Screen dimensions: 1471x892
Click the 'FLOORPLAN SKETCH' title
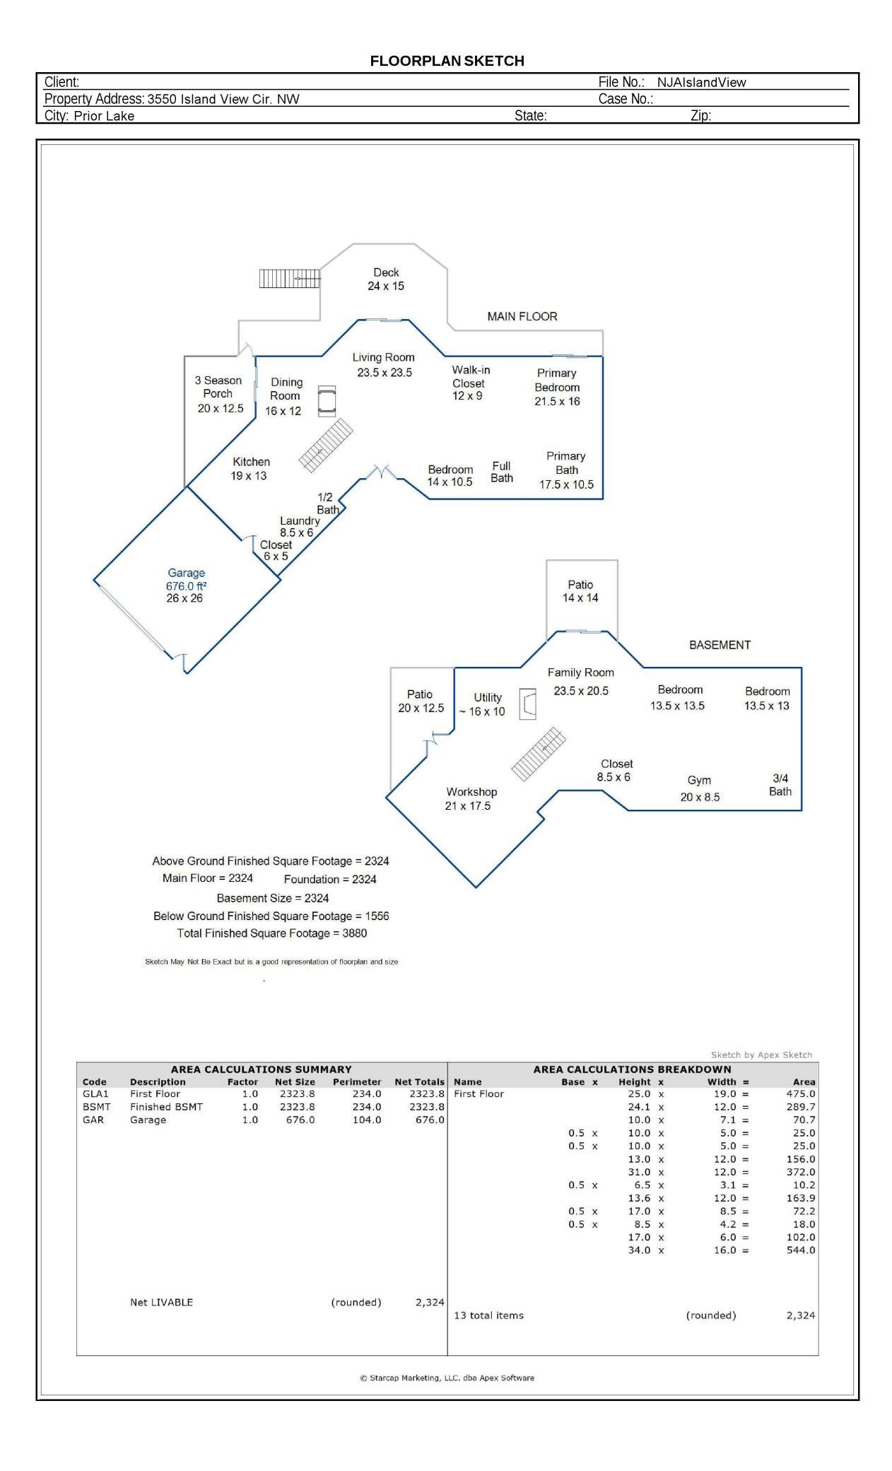(447, 61)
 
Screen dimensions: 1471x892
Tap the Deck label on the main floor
(386, 279)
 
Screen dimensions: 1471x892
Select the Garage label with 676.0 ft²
(186, 585)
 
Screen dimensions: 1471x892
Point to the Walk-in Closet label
(470, 383)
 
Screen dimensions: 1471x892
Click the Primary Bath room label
(566, 470)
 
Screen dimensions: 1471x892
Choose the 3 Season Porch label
(219, 394)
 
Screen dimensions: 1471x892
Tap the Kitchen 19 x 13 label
(250, 468)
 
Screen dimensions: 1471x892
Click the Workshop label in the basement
(471, 798)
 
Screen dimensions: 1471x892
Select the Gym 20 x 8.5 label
(700, 789)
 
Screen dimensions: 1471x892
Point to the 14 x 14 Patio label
(580, 591)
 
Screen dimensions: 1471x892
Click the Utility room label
(486, 704)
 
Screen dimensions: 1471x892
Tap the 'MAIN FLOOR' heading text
(522, 316)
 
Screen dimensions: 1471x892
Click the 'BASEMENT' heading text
(720, 644)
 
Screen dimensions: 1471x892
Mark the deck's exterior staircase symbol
(290, 279)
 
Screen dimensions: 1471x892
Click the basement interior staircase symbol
(539, 754)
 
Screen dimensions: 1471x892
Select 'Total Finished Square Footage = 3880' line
(272, 933)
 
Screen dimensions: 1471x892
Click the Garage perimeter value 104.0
(366, 1120)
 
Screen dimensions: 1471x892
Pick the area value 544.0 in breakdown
(800, 1250)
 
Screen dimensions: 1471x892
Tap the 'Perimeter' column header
(356, 1081)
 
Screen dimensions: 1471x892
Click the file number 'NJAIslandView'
(701, 82)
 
